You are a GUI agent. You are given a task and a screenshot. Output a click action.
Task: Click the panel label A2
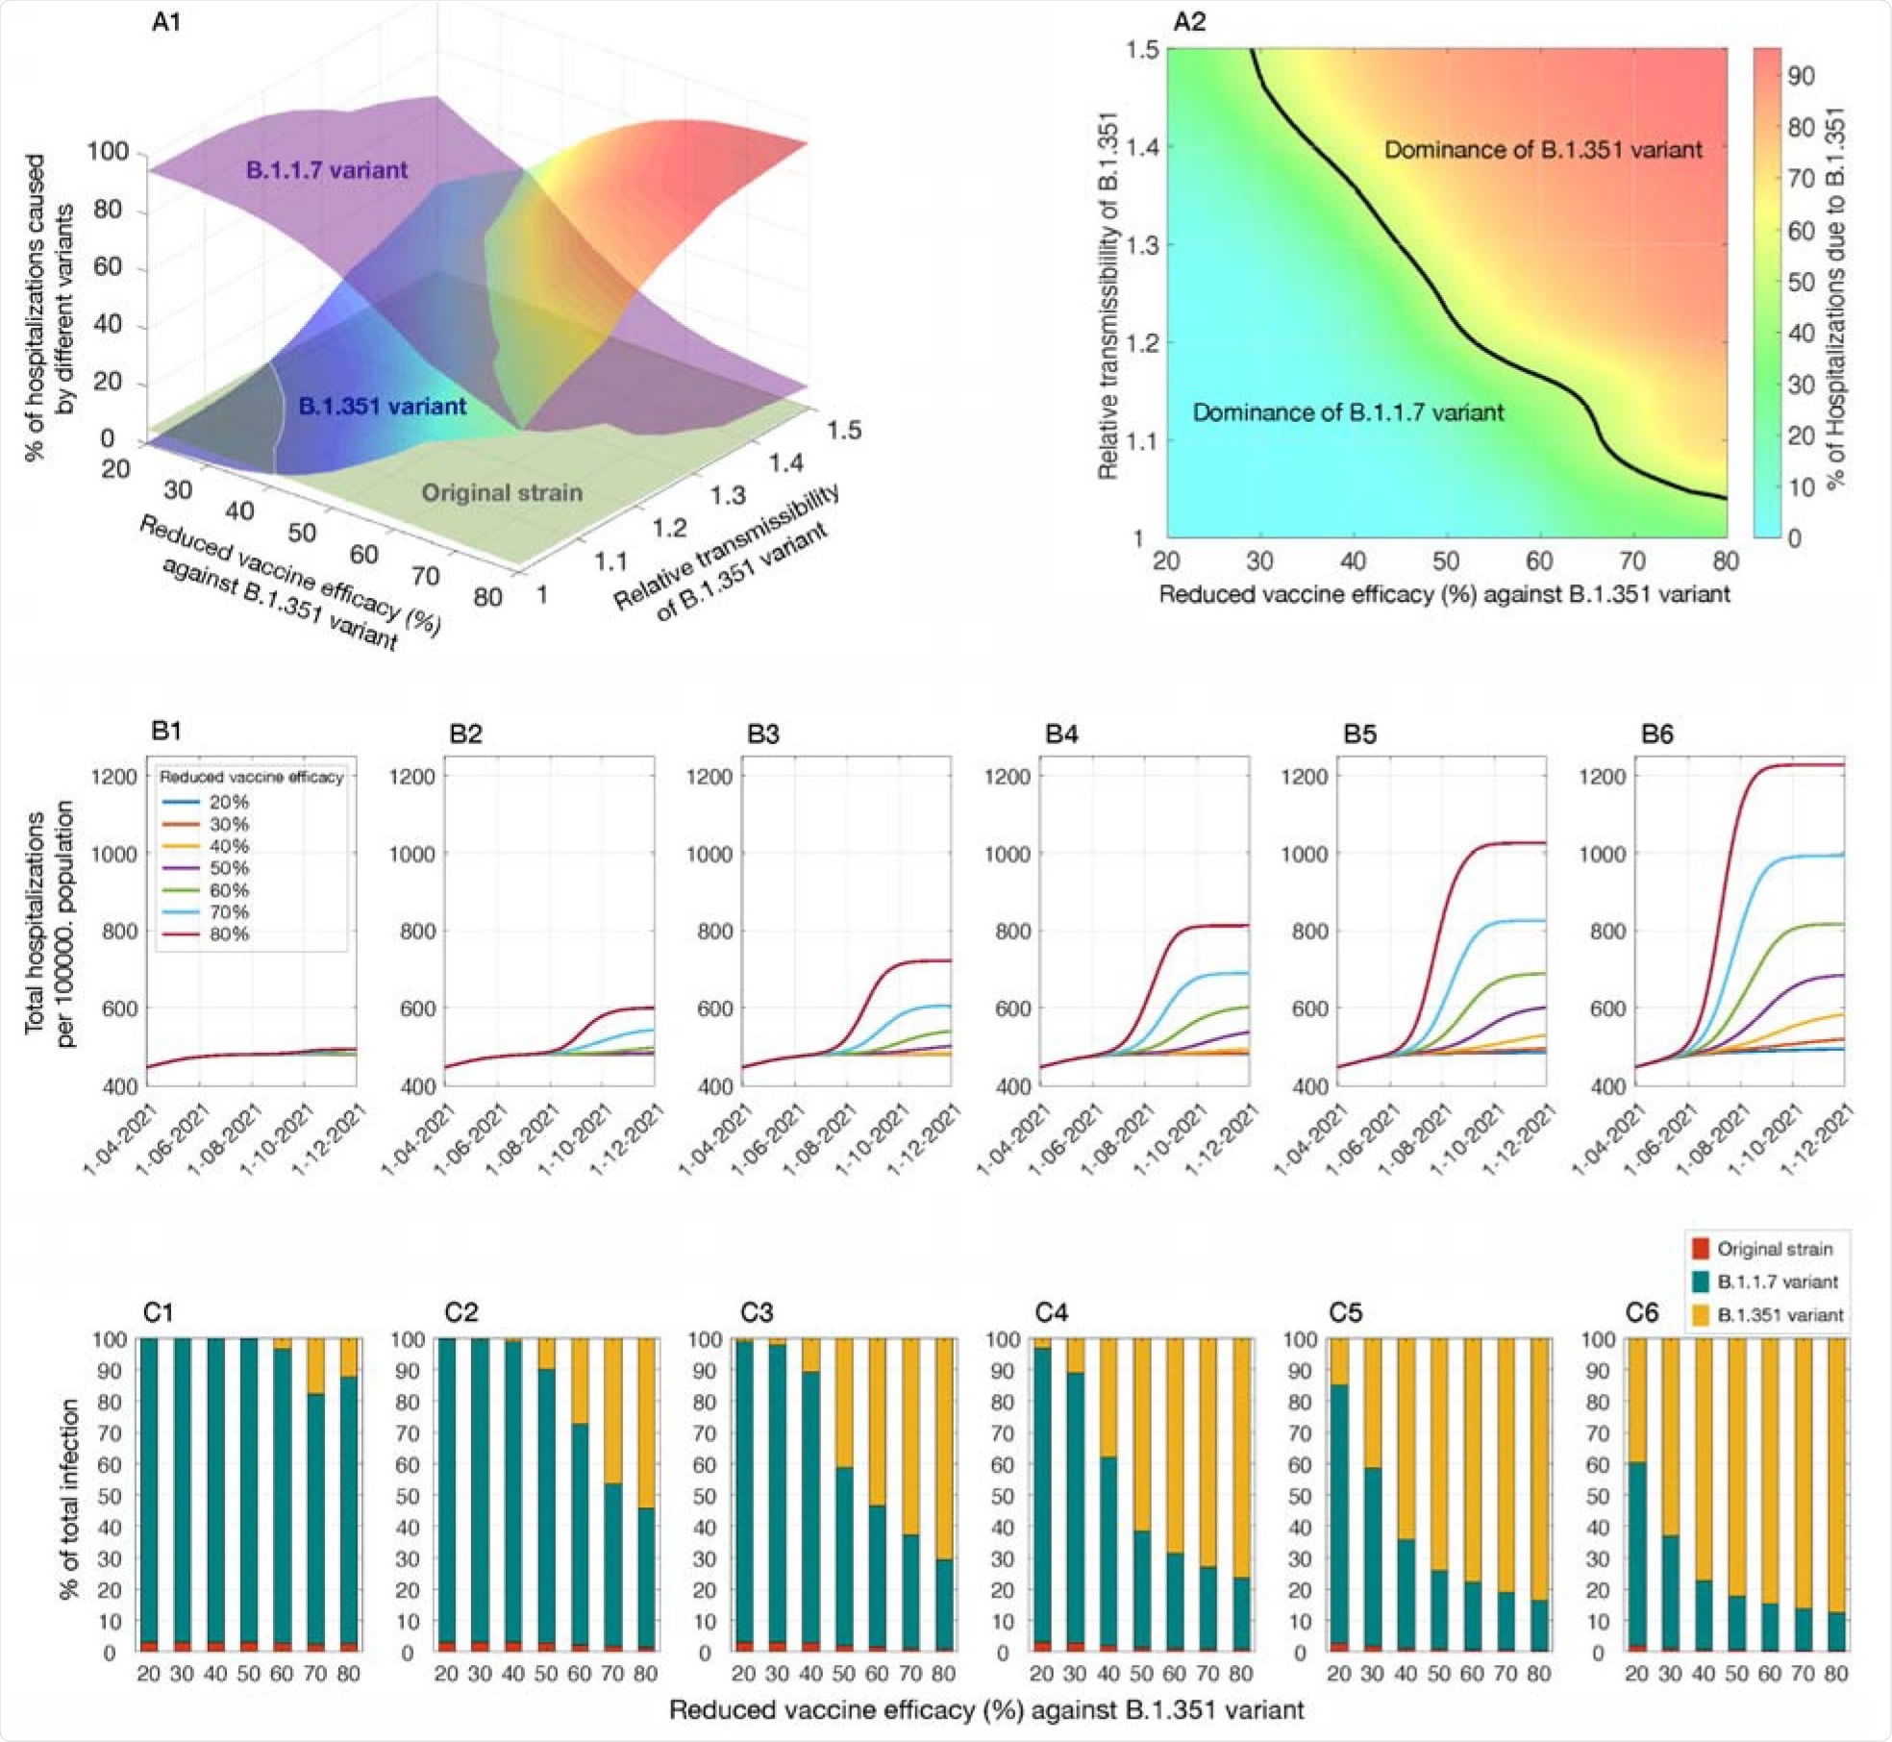click(x=1189, y=21)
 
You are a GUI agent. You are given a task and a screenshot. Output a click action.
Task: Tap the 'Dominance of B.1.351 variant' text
click(x=1543, y=150)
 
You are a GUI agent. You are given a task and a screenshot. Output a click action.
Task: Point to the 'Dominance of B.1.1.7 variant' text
click(x=1348, y=412)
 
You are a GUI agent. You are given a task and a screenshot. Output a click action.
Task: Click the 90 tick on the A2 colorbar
click(x=1801, y=76)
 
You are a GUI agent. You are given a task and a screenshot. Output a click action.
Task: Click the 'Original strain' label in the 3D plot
click(x=502, y=493)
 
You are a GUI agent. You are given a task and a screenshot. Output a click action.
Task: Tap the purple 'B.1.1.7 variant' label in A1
click(x=327, y=170)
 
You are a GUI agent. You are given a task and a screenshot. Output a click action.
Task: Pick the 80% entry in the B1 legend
click(x=229, y=933)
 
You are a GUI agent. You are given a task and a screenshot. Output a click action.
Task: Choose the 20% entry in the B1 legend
click(x=229, y=802)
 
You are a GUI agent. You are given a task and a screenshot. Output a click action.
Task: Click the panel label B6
click(x=1656, y=734)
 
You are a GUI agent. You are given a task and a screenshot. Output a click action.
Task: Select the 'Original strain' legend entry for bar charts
click(x=1774, y=1249)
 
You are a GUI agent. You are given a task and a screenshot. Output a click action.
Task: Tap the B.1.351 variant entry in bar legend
click(x=1780, y=1315)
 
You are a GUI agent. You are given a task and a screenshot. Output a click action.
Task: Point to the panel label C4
click(x=1052, y=1312)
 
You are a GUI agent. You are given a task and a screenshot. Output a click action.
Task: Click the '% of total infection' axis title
click(x=69, y=1498)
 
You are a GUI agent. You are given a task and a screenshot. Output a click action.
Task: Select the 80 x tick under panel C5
click(x=1539, y=1674)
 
